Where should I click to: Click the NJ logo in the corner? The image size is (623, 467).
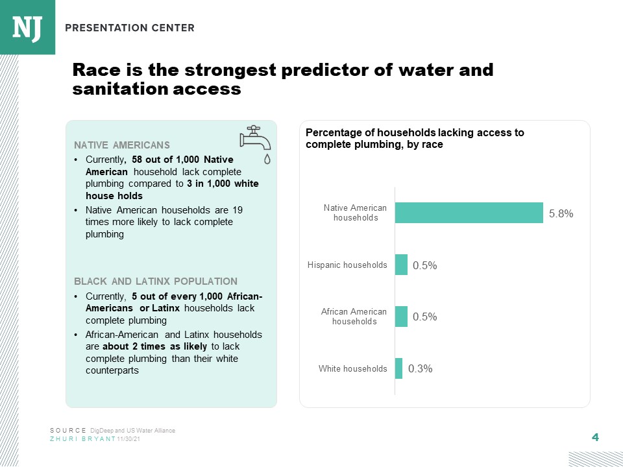click(x=27, y=27)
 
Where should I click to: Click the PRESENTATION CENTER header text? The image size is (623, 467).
click(x=129, y=28)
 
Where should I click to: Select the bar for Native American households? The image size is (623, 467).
click(x=469, y=213)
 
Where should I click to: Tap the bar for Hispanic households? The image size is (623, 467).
click(x=401, y=265)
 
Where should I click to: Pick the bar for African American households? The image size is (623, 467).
click(x=401, y=317)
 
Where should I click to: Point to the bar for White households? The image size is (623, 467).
click(x=398, y=368)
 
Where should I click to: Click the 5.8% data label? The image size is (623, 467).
click(x=561, y=213)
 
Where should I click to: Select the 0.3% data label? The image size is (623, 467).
click(x=420, y=368)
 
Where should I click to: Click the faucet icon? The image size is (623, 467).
click(x=254, y=138)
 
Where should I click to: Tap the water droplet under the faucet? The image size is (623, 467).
click(x=267, y=158)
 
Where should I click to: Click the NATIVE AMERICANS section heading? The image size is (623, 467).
click(x=122, y=145)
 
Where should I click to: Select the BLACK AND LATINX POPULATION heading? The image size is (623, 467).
click(x=156, y=281)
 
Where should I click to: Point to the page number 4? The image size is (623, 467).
click(x=595, y=437)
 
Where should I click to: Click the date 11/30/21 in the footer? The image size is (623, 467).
click(x=128, y=439)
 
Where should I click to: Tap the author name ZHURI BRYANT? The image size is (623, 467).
click(x=82, y=439)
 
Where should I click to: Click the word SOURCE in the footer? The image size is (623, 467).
click(x=68, y=431)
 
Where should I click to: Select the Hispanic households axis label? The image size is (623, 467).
click(x=347, y=265)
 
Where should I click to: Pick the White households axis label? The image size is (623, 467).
click(x=352, y=368)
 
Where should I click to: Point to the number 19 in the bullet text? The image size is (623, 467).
click(x=237, y=210)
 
